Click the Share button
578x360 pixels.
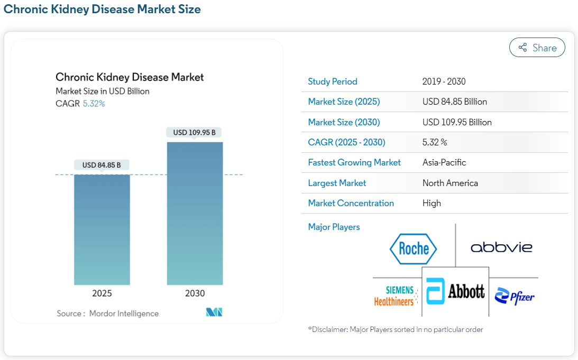pos(537,48)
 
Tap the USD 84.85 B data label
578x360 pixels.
pos(102,165)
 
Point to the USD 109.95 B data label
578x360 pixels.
pos(194,132)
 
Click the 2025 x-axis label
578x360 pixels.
pos(102,293)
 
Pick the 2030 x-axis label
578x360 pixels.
pos(195,293)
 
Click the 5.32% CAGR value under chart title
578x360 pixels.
pos(94,104)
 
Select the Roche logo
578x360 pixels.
pos(413,248)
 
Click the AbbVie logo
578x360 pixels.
pos(501,247)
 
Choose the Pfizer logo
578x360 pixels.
pos(515,297)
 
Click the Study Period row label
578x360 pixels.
pos(333,81)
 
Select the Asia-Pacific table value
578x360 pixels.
pos(444,162)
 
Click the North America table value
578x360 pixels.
pos(450,183)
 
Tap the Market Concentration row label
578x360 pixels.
pos(351,203)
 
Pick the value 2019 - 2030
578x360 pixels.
pos(444,81)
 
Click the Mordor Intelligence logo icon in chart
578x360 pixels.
pos(214,312)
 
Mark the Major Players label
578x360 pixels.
pos(334,227)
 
